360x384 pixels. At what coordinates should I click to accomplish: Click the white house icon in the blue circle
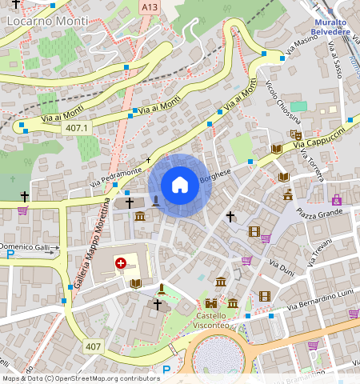click(180, 186)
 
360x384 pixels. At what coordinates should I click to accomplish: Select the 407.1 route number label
click(78, 128)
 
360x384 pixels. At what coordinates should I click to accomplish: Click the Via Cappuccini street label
click(318, 138)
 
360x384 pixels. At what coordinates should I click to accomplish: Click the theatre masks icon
click(295, 136)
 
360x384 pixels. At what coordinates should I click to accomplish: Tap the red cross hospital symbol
click(121, 262)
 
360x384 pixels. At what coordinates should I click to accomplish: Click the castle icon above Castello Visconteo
click(211, 303)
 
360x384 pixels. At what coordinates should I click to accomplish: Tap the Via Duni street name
click(281, 267)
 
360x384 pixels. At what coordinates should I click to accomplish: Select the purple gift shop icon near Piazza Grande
click(337, 199)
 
